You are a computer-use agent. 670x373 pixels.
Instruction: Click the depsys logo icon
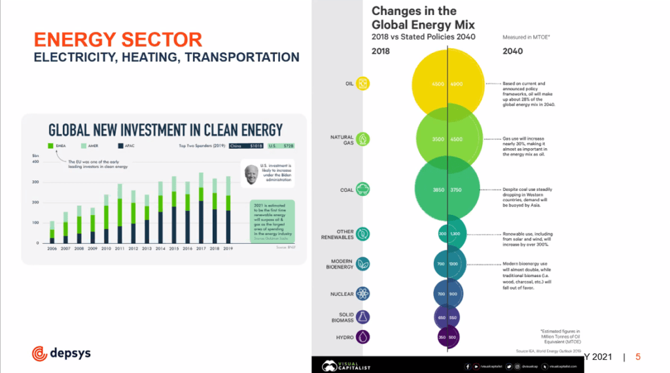[x=39, y=353]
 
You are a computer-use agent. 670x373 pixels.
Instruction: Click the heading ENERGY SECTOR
[x=118, y=39]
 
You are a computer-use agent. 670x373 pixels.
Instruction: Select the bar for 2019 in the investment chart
[x=228, y=209]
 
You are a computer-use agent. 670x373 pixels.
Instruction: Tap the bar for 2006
[x=52, y=232]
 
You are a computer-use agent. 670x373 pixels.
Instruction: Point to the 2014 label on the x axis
[x=160, y=249]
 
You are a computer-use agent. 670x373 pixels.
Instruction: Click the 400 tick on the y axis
[x=35, y=161]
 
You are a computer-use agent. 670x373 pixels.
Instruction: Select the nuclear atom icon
[x=364, y=294]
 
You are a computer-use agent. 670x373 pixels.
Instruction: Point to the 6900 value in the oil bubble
[x=457, y=84]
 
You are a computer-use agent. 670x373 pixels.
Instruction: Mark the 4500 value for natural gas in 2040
[x=457, y=139]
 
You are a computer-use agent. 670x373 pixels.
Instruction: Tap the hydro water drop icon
[x=363, y=337]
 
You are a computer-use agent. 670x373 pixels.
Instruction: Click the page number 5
[x=638, y=357]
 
